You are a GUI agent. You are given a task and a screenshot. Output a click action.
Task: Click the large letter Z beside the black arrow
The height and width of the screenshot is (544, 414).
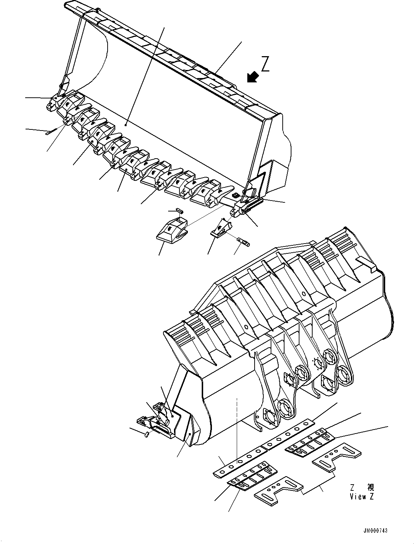click(265, 64)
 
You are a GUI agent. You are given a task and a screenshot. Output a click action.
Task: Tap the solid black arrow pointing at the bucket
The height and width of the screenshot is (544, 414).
click(252, 77)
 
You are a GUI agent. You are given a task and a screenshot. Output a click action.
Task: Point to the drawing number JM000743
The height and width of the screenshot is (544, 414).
click(375, 531)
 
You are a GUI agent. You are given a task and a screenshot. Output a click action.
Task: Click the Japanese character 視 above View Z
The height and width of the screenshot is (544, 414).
click(371, 487)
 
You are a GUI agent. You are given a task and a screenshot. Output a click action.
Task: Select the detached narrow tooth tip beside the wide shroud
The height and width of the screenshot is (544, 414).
click(220, 229)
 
